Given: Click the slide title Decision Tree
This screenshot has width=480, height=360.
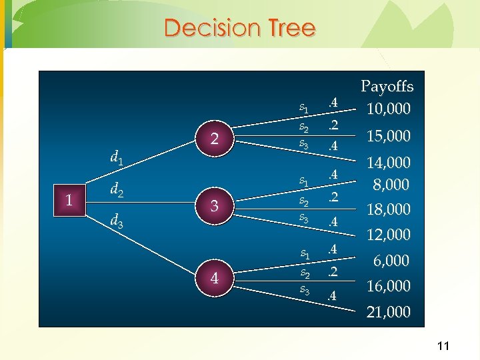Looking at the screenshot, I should [x=239, y=28].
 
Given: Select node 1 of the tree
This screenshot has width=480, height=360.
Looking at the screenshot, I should [x=69, y=199].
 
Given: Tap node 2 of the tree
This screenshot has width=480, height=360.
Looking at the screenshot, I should [x=215, y=139].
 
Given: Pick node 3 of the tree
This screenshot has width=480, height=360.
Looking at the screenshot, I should [x=215, y=207].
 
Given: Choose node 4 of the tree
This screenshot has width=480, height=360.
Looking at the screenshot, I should [x=215, y=277].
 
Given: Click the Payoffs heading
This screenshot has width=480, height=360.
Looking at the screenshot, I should [x=387, y=87].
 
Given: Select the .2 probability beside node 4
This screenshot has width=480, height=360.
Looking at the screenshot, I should [x=333, y=272].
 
